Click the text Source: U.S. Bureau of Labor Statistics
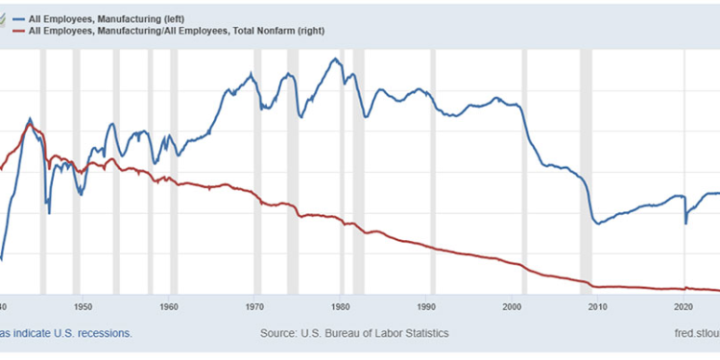354,333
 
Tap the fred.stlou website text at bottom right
690,333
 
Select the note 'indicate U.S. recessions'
67,333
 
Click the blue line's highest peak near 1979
334,60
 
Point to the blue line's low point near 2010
598,223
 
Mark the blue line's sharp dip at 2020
685,223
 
